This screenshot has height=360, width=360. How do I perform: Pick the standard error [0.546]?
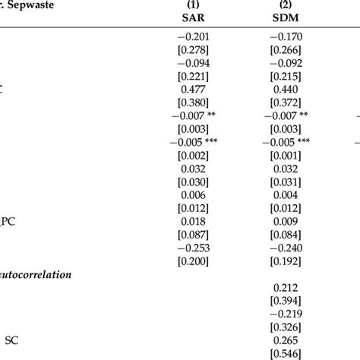(x=283, y=355)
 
